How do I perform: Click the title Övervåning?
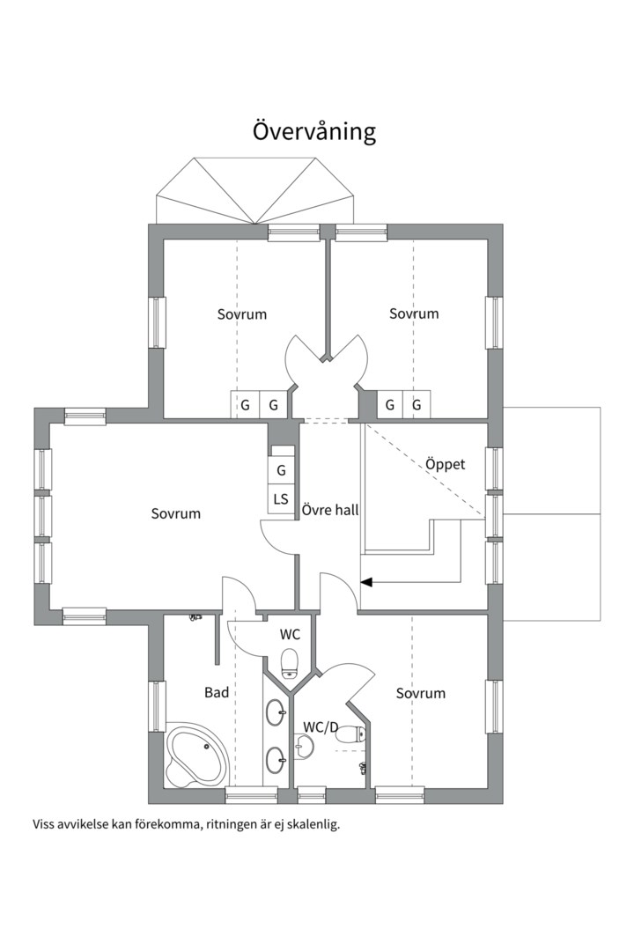(x=314, y=131)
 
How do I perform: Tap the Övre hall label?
(x=330, y=510)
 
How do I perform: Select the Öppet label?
(x=445, y=464)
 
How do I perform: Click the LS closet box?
(x=281, y=499)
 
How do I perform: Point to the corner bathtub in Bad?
(x=196, y=753)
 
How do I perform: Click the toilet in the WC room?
(x=290, y=663)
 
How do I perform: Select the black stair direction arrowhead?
(x=365, y=582)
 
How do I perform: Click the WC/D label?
(x=321, y=726)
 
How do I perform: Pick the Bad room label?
(x=217, y=692)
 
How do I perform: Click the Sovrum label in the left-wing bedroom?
(x=176, y=513)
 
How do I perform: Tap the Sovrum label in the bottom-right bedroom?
(x=420, y=693)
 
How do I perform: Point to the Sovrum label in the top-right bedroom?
(x=414, y=313)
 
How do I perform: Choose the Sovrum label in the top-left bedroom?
(x=242, y=314)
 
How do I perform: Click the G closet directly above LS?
(x=281, y=470)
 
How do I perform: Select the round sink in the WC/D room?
(x=303, y=746)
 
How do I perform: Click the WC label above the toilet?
(x=290, y=635)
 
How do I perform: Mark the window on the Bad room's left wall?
(x=157, y=706)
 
